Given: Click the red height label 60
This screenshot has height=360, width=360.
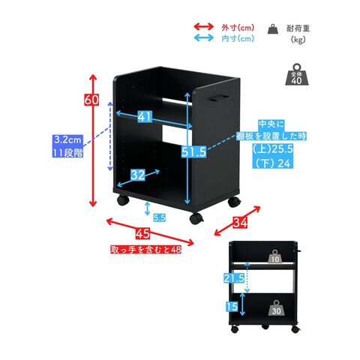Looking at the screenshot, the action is click(x=91, y=100).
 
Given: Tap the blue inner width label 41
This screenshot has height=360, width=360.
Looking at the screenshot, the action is click(x=145, y=116).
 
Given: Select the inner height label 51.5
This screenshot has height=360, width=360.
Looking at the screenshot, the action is click(x=193, y=151).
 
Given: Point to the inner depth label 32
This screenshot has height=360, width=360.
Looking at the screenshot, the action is click(x=138, y=175).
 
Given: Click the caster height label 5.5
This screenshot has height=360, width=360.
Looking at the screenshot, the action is click(x=159, y=217).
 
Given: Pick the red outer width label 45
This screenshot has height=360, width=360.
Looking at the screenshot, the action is click(x=143, y=233).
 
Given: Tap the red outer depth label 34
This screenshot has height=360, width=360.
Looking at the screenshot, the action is click(x=240, y=222).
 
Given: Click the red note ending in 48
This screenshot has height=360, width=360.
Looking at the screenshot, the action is click(x=146, y=249).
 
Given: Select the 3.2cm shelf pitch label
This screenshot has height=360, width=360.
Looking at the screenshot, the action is click(x=67, y=139).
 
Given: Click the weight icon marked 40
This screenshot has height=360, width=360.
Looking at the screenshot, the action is click(x=297, y=74).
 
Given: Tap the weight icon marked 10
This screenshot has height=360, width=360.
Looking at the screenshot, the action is click(x=274, y=256).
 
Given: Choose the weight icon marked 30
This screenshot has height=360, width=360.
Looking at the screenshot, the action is click(x=276, y=308).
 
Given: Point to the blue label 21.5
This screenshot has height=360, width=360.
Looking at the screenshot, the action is click(x=234, y=278).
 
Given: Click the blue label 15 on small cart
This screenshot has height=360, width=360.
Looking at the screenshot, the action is click(x=232, y=307).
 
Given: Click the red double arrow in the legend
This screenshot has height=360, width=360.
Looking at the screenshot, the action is click(x=204, y=26).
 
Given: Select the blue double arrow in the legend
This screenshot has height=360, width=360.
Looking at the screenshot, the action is click(x=204, y=37).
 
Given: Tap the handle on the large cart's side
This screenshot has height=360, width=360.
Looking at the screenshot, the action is click(x=219, y=98).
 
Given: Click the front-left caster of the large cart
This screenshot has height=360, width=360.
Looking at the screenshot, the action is click(x=123, y=200).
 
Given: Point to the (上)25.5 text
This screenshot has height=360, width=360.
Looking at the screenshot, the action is click(x=272, y=149).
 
